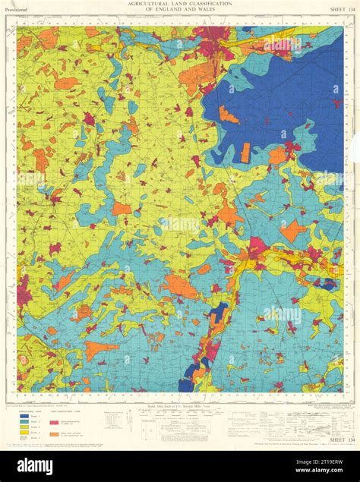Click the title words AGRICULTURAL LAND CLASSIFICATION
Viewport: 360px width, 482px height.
click(179, 4)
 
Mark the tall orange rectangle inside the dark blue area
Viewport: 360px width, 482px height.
click(245, 153)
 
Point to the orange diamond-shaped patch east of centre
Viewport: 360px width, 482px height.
click(292, 229)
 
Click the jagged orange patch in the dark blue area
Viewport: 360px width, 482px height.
click(229, 115)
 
